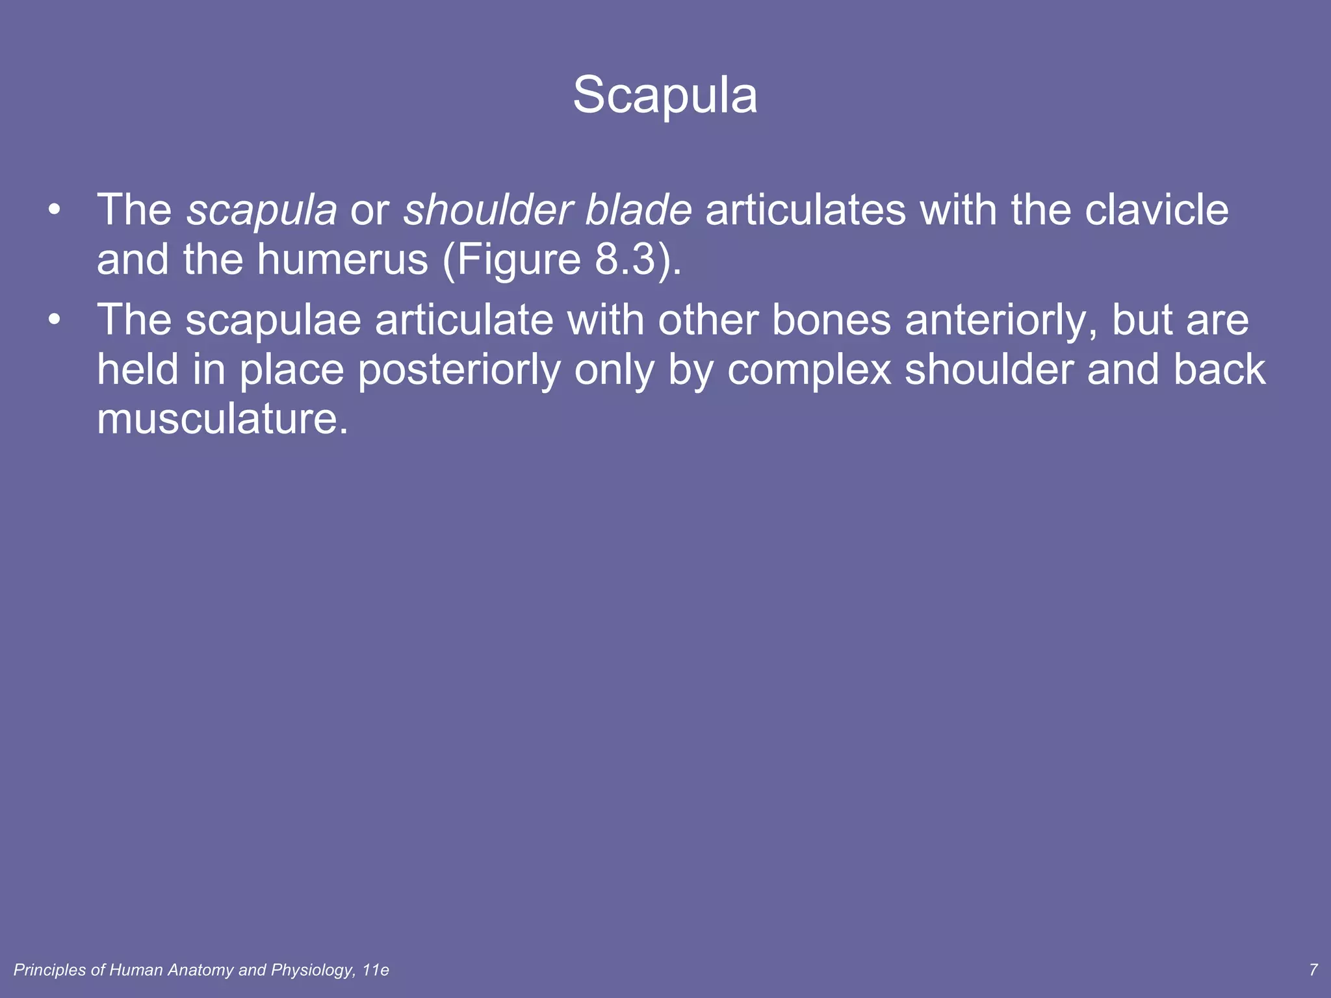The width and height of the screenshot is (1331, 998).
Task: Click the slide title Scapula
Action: point(665,96)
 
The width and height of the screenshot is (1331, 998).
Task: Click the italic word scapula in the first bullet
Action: point(262,210)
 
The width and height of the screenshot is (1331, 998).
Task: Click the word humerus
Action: point(342,260)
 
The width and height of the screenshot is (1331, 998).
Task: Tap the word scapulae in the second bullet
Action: point(273,320)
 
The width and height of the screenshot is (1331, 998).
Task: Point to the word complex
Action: point(809,370)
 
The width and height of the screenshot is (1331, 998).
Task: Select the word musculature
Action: point(222,419)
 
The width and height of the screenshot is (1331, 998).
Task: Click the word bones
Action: point(831,320)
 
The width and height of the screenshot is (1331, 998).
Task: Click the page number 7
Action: point(1313,970)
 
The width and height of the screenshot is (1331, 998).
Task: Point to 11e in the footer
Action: point(376,970)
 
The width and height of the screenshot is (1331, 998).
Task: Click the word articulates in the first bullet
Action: point(805,210)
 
